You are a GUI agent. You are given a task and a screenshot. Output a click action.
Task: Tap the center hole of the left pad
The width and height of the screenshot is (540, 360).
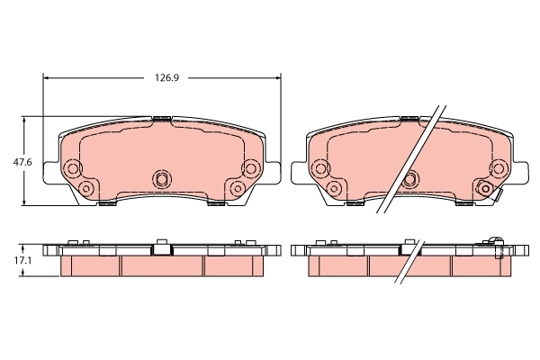pyautogui.click(x=162, y=177)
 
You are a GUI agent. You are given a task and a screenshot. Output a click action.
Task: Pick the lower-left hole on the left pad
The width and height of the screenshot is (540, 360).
pyautogui.click(x=86, y=187)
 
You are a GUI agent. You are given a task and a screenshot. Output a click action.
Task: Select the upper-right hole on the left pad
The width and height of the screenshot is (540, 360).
pyautogui.click(x=250, y=168)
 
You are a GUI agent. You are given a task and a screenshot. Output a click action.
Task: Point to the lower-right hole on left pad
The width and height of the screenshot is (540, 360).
pyautogui.click(x=238, y=187)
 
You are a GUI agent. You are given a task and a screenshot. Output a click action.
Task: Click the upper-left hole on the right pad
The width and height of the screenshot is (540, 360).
pyautogui.click(x=319, y=168)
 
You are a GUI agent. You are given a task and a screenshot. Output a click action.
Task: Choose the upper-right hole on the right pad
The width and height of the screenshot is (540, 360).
pyautogui.click(x=497, y=168)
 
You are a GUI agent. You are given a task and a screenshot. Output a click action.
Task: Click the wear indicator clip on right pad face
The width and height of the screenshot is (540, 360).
pyautogui.click(x=486, y=189)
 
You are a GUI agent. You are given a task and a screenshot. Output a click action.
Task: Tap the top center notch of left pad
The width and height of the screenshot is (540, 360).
pyautogui.click(x=162, y=118)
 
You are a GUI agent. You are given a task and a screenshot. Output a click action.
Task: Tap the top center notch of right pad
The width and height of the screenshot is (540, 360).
pyautogui.click(x=410, y=118)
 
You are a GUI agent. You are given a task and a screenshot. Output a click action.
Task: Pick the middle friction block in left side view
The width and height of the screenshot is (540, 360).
pyautogui.click(x=162, y=266)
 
